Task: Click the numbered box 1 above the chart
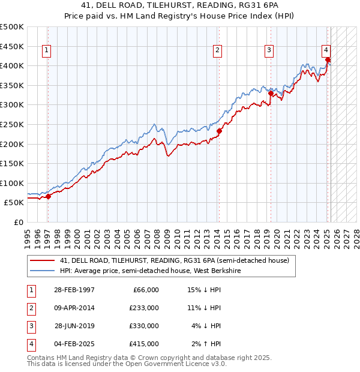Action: pyautogui.click(x=47, y=51)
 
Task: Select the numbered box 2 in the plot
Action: pyautogui.click(x=217, y=51)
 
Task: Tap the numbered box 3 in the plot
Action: pyautogui.click(x=269, y=51)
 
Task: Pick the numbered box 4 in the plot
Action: pyautogui.click(x=325, y=51)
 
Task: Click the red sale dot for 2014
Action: pyautogui.click(x=219, y=131)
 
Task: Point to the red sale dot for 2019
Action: pyautogui.click(x=271, y=94)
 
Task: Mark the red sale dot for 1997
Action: pyautogui.click(x=49, y=196)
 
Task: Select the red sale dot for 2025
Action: pyautogui.click(x=328, y=60)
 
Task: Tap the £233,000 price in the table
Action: pyautogui.click(x=144, y=308)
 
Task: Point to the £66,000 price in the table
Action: pyautogui.click(x=146, y=290)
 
